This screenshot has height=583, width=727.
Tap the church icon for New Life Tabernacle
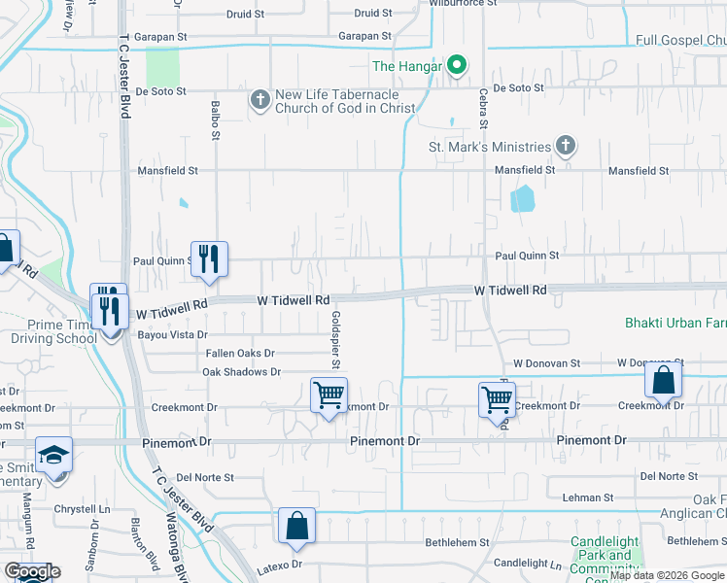[260, 100]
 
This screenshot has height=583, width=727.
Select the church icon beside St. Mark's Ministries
[566, 147]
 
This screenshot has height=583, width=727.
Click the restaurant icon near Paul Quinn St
[209, 257]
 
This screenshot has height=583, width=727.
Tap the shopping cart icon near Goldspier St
[329, 395]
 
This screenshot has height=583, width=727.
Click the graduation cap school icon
[53, 455]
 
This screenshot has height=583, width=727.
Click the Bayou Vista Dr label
[173, 334]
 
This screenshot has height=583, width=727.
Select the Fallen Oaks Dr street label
[239, 354]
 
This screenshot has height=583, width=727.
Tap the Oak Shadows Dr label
[241, 372]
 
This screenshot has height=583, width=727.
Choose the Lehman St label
[588, 497]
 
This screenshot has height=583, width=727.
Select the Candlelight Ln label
[528, 564]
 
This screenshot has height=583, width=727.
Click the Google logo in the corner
[32, 571]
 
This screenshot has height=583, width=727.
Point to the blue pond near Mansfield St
[522, 199]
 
